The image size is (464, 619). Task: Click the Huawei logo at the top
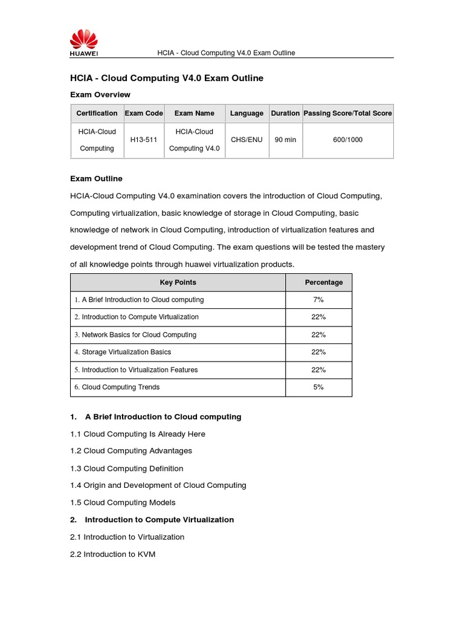coord(84,43)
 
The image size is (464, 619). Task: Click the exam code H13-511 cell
coord(144,140)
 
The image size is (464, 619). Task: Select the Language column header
coord(246,113)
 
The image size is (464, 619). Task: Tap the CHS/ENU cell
coord(246,140)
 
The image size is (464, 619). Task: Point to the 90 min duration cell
coord(285,140)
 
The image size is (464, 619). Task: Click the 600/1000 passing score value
coord(348,140)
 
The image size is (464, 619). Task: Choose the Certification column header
coord(97,113)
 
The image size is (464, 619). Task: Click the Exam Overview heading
coord(100,95)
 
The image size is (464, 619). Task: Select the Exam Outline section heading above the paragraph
coord(96,178)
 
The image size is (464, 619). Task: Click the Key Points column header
coord(178,282)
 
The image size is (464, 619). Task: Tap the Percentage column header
coord(324,282)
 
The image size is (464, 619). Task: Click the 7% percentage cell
coord(318,300)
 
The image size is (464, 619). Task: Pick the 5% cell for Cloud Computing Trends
coord(318,387)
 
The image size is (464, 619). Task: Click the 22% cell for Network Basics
coord(318,335)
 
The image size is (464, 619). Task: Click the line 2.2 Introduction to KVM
coord(113,554)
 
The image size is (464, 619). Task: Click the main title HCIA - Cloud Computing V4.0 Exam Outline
coord(167,79)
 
